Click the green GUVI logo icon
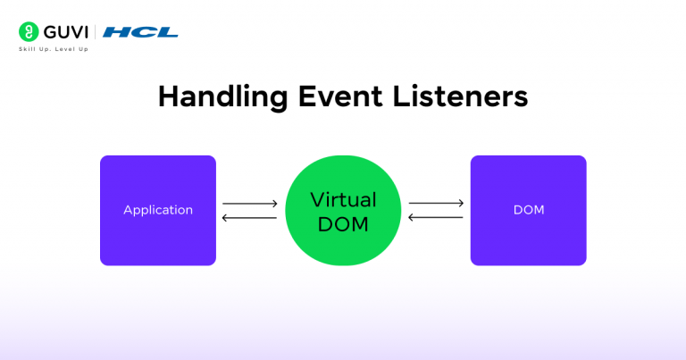click(28, 32)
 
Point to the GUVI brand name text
click(63, 32)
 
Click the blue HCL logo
click(140, 32)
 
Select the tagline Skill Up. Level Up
click(54, 48)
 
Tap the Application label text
click(158, 211)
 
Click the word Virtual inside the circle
click(342, 199)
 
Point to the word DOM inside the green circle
click(342, 224)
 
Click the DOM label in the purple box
click(528, 211)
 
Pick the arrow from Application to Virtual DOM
click(250, 204)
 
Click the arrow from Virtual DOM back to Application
click(250, 218)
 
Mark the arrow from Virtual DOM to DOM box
click(436, 204)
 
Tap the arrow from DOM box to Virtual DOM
click(436, 217)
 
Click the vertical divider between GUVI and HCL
click(96, 32)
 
